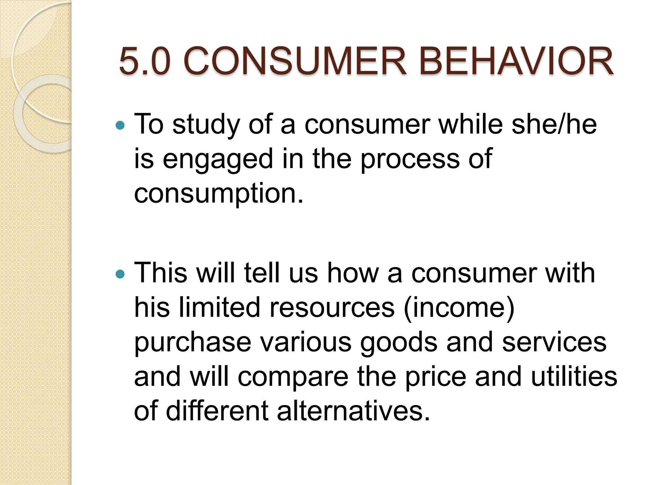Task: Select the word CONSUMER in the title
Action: [x=295, y=62]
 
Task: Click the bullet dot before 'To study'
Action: [x=120, y=126]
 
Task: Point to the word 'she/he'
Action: [x=554, y=124]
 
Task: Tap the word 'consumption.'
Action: [x=219, y=194]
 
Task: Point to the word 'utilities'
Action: [x=574, y=376]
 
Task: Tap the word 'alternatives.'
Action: [x=353, y=411]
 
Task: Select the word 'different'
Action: [x=217, y=411]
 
